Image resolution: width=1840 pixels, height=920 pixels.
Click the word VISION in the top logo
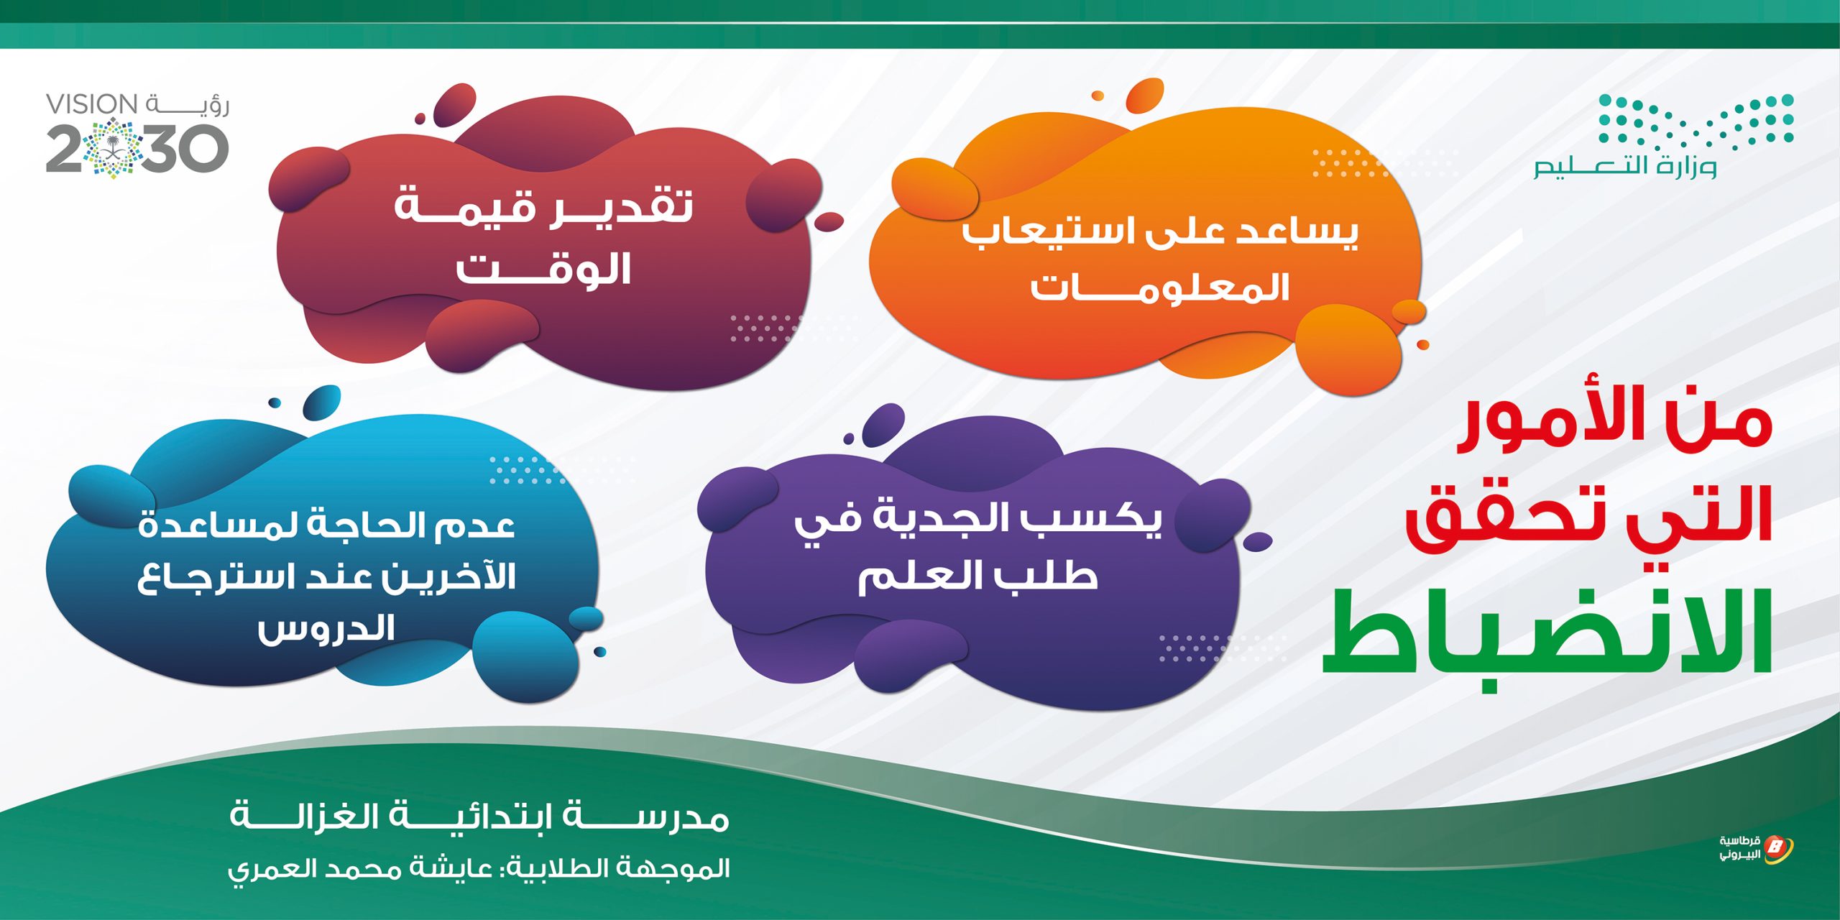coord(92,104)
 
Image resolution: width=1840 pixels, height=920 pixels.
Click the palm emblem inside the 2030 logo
coord(114,149)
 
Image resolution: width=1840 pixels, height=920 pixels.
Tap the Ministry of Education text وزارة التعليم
coord(1624,167)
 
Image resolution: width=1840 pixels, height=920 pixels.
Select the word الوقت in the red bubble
coord(543,269)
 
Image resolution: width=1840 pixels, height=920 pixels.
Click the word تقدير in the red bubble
coord(621,207)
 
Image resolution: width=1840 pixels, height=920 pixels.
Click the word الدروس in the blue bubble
coord(326,628)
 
